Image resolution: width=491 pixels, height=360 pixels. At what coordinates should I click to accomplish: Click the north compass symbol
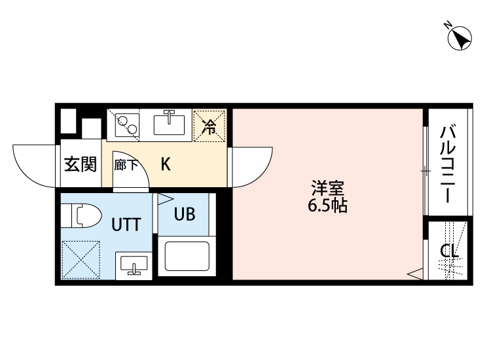[x=460, y=37]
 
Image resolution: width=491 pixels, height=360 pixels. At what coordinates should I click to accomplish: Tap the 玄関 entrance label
[x=80, y=164]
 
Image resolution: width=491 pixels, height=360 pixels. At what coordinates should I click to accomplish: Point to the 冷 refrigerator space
[x=209, y=126]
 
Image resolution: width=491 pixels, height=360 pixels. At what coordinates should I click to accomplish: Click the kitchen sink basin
[x=172, y=123]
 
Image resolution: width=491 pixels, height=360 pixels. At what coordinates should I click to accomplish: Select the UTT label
[x=125, y=225]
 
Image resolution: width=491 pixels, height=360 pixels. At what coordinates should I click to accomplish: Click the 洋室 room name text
[x=327, y=189]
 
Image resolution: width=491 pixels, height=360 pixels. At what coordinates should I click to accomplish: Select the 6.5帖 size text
[x=327, y=206]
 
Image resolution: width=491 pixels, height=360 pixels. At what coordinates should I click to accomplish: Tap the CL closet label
[x=449, y=251]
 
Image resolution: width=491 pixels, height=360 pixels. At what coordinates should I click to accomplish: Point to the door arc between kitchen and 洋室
[x=252, y=166]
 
